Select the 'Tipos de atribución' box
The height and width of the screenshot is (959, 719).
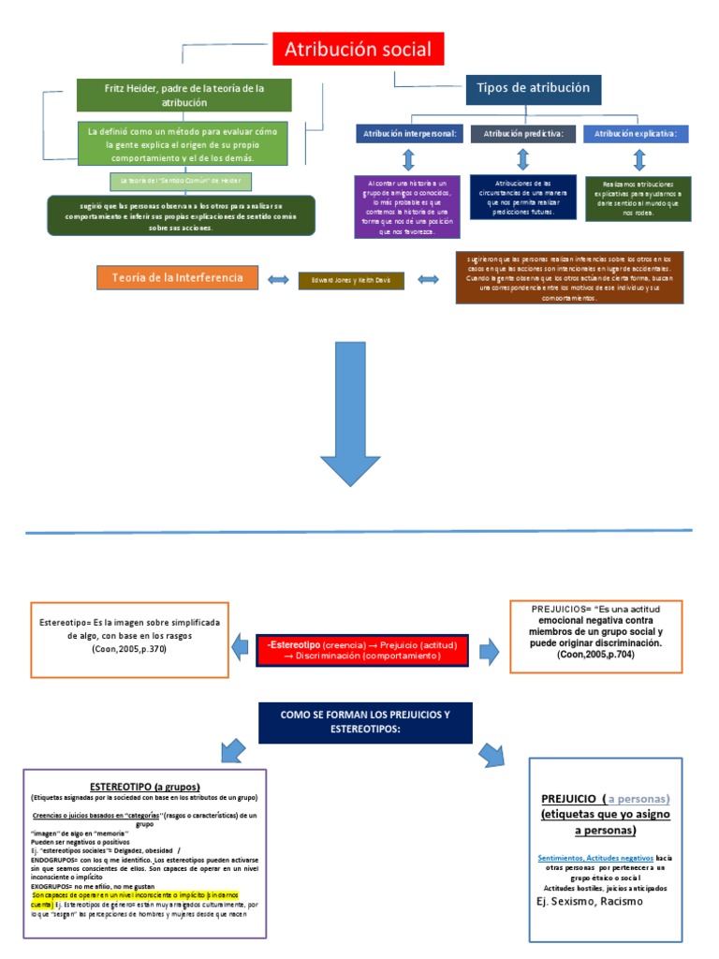pyautogui.click(x=533, y=88)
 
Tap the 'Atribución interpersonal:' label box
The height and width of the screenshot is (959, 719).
pyautogui.click(x=408, y=134)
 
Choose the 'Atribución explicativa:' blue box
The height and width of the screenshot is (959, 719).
pyautogui.click(x=636, y=134)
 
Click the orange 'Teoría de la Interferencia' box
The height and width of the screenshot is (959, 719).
pyautogui.click(x=177, y=278)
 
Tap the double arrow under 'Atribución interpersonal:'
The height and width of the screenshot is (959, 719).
pyautogui.click(x=408, y=159)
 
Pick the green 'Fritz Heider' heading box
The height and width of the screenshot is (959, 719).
pyautogui.click(x=184, y=95)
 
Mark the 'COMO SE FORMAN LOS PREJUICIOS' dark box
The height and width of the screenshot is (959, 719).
pyautogui.click(x=365, y=721)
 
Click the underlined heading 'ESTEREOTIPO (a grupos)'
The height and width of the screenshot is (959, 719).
pyautogui.click(x=144, y=786)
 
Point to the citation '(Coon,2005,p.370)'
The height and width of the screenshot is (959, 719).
pyautogui.click(x=129, y=649)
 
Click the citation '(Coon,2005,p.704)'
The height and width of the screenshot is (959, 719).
pyautogui.click(x=597, y=656)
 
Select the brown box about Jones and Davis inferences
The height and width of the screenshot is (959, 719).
pyautogui.click(x=568, y=277)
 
